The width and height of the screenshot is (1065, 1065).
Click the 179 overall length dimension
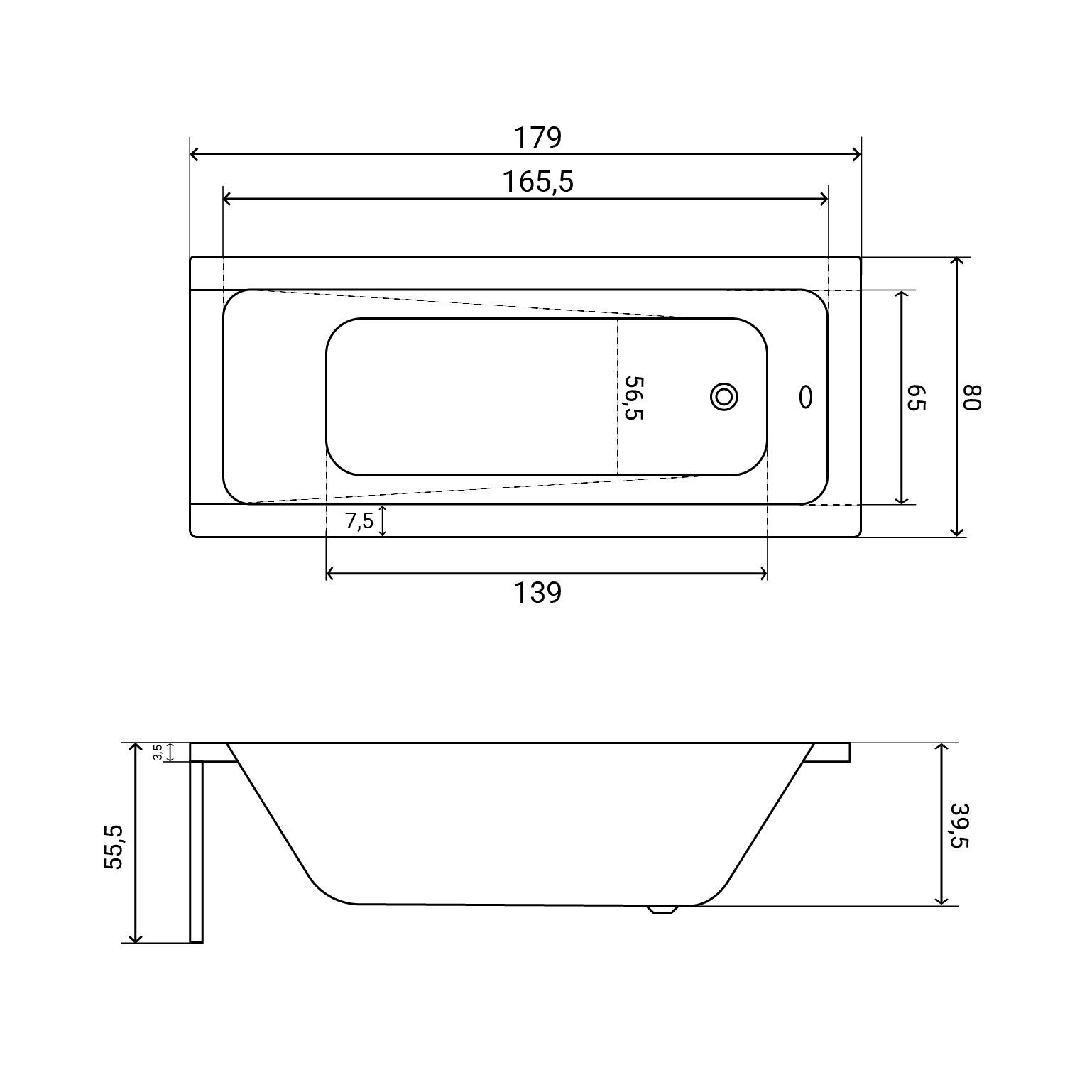coord(537,137)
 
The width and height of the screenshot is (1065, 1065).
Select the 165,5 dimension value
coord(538,182)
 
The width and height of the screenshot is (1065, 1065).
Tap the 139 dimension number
coord(537,592)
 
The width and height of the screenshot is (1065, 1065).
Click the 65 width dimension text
coord(916,398)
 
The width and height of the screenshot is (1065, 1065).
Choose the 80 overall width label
coord(971,397)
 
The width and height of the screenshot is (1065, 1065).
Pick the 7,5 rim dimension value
coord(359,521)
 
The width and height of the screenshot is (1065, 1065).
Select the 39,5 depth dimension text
coord(959,825)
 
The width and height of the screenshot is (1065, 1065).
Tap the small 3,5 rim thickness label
coord(158,752)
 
